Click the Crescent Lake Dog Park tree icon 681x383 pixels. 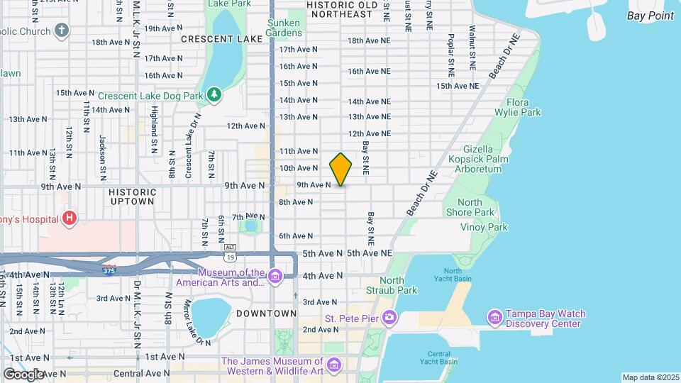(x=213, y=94)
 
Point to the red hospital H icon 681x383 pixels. (x=69, y=218)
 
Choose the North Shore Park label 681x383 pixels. (x=470, y=207)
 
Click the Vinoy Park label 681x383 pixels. (x=484, y=227)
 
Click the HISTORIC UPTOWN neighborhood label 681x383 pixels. (x=132, y=196)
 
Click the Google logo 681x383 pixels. (x=23, y=374)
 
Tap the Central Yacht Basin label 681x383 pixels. (x=443, y=357)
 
